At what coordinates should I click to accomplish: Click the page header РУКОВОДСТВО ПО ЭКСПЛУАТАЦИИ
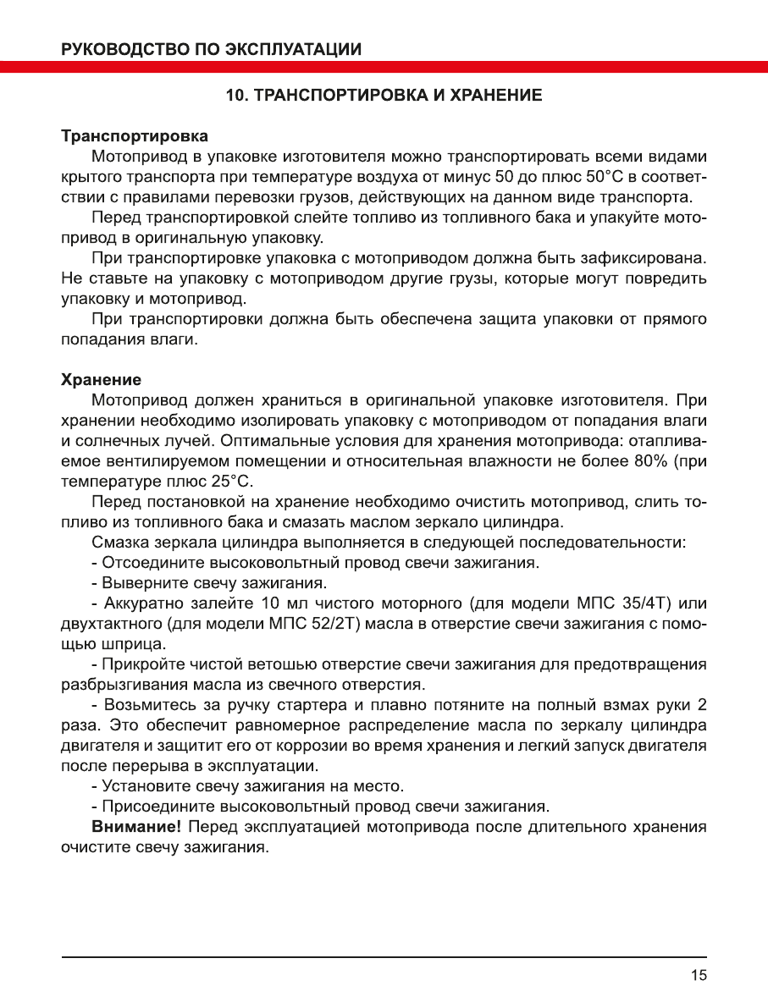(212, 48)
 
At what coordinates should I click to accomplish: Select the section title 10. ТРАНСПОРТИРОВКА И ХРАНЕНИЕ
(384, 96)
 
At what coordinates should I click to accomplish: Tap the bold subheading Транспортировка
(135, 136)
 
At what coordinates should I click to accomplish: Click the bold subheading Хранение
(102, 378)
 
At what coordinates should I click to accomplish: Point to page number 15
(698, 975)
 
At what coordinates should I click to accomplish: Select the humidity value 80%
(651, 461)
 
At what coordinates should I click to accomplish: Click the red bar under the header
(384, 67)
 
